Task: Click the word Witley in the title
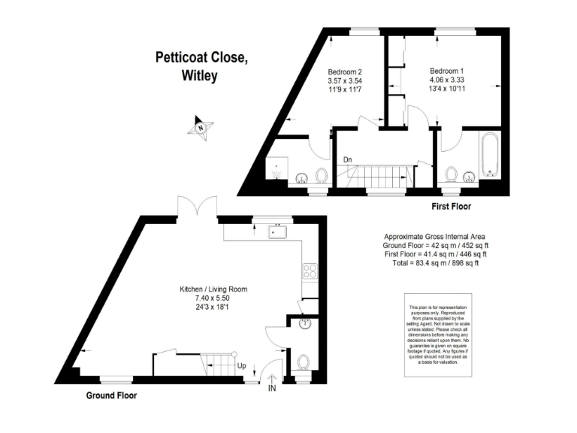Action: pyautogui.click(x=200, y=75)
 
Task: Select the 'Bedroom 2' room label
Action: pyautogui.click(x=345, y=72)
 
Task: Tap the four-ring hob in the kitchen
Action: pyautogui.click(x=310, y=271)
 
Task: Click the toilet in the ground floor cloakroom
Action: pyautogui.click(x=304, y=362)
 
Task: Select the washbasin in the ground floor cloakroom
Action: pyautogui.click(x=307, y=325)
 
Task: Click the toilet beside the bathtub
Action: pyautogui.click(x=453, y=174)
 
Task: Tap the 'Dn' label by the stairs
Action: pyautogui.click(x=348, y=160)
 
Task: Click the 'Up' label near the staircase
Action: pyautogui.click(x=241, y=366)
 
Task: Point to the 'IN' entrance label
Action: pyautogui.click(x=271, y=388)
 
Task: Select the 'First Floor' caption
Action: pyautogui.click(x=451, y=206)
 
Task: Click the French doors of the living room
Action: pyautogui.click(x=197, y=207)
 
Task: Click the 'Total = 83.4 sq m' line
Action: pyautogui.click(x=431, y=263)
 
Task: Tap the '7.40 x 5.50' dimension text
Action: pyautogui.click(x=213, y=298)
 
